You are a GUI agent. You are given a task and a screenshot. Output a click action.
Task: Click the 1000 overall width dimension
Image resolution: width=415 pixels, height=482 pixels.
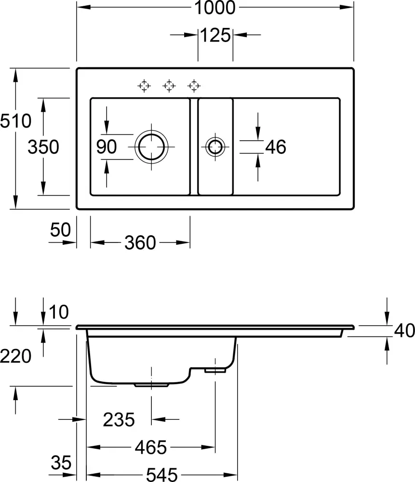click(x=215, y=8)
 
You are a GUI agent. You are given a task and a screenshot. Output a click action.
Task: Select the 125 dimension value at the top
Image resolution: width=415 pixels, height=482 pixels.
click(x=215, y=35)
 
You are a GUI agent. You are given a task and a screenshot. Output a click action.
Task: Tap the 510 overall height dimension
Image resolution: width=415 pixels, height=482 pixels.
click(x=15, y=121)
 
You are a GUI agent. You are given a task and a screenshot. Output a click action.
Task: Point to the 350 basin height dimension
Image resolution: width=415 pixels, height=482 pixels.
click(x=43, y=147)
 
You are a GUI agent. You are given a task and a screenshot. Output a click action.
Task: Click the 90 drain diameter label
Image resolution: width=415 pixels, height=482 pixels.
click(x=107, y=147)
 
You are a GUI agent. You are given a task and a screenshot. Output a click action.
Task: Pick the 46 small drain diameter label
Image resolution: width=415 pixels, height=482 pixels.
click(x=276, y=147)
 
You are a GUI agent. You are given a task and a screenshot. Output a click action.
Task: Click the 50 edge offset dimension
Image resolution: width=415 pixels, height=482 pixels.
click(x=61, y=229)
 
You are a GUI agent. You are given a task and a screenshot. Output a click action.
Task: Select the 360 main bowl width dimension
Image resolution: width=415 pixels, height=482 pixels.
click(x=140, y=243)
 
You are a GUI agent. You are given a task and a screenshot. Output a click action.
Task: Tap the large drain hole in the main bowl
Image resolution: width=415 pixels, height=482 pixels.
click(x=152, y=147)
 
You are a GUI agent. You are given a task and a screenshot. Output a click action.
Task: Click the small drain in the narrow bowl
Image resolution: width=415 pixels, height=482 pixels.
click(x=214, y=147)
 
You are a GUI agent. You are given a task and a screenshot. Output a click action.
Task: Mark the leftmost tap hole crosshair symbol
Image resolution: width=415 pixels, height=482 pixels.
click(x=144, y=86)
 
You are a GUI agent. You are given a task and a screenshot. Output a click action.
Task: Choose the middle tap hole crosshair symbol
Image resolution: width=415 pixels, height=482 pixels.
click(x=169, y=86)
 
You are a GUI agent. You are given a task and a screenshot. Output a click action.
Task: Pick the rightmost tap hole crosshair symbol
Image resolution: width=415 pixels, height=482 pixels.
click(x=194, y=86)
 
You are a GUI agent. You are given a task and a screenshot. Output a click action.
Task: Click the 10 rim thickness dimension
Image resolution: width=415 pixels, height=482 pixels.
click(x=59, y=313)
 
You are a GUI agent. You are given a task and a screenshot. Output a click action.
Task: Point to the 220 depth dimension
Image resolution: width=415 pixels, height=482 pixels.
click(x=15, y=357)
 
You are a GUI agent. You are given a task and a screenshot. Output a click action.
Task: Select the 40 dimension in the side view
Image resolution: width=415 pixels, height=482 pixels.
click(x=404, y=331)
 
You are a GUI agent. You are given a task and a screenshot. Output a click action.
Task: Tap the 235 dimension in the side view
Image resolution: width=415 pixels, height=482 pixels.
click(x=119, y=420)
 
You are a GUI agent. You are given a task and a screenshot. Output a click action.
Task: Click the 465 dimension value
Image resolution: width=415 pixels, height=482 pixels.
click(x=150, y=448)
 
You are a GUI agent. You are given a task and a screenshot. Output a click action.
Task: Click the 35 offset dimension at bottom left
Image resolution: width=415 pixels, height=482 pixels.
click(x=61, y=463)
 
